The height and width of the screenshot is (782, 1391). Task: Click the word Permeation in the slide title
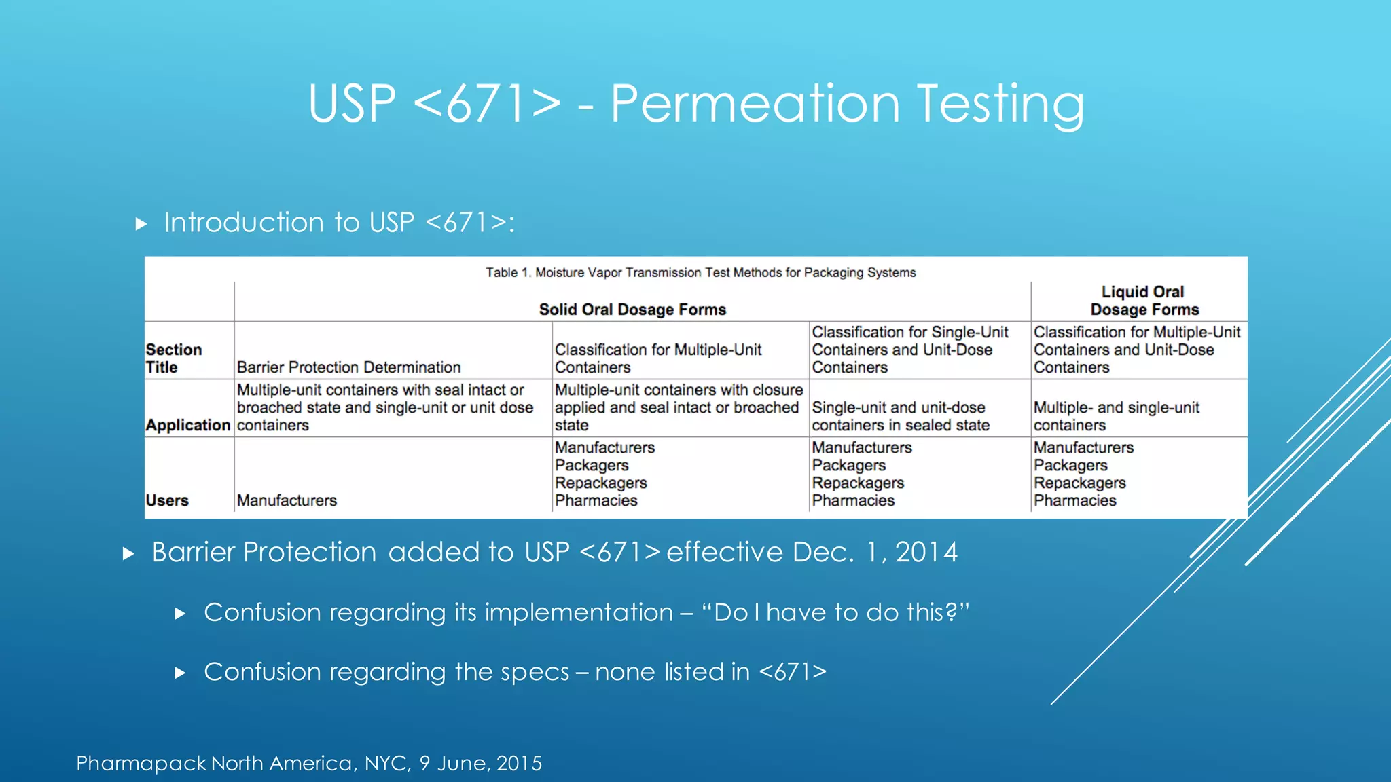pos(755,103)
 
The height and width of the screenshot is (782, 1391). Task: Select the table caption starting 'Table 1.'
pos(700,272)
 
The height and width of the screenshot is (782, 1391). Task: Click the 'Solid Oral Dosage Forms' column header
pos(632,310)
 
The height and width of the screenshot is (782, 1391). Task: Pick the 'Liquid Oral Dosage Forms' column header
pos(1144,301)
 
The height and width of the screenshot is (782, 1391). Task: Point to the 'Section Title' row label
pos(173,358)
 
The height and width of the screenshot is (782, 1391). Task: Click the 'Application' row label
pos(187,425)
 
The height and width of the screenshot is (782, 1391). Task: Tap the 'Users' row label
pos(166,500)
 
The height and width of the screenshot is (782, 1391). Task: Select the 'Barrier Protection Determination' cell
pos(348,367)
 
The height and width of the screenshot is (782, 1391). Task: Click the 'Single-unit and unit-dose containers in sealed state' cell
pos(900,416)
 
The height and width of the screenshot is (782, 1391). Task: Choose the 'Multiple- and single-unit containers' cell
pos(1116,416)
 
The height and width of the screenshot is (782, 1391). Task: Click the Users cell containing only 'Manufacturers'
pos(287,500)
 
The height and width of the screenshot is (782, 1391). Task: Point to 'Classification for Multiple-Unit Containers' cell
pos(657,358)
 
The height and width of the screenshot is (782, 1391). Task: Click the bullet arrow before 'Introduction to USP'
pos(141,223)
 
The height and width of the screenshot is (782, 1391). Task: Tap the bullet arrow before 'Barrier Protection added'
pos(128,553)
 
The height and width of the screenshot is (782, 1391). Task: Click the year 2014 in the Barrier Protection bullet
pos(926,553)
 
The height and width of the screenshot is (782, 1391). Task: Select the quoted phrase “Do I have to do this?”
pos(835,612)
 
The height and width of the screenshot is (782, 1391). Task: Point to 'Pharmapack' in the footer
pos(141,763)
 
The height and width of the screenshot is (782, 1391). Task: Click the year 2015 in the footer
pos(519,763)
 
